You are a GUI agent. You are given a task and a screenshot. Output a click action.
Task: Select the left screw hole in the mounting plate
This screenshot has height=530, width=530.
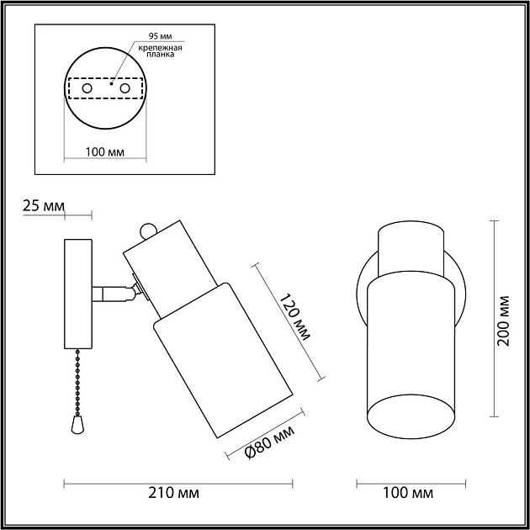[87, 87]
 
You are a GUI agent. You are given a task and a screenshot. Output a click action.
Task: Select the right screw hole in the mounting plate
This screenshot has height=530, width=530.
[125, 87]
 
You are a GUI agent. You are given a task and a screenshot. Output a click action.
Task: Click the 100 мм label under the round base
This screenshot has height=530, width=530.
[105, 152]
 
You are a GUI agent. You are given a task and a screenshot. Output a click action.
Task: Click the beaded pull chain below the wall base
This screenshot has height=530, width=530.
[78, 379]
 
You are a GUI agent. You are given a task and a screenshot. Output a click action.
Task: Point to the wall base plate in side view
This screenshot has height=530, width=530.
[78, 294]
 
